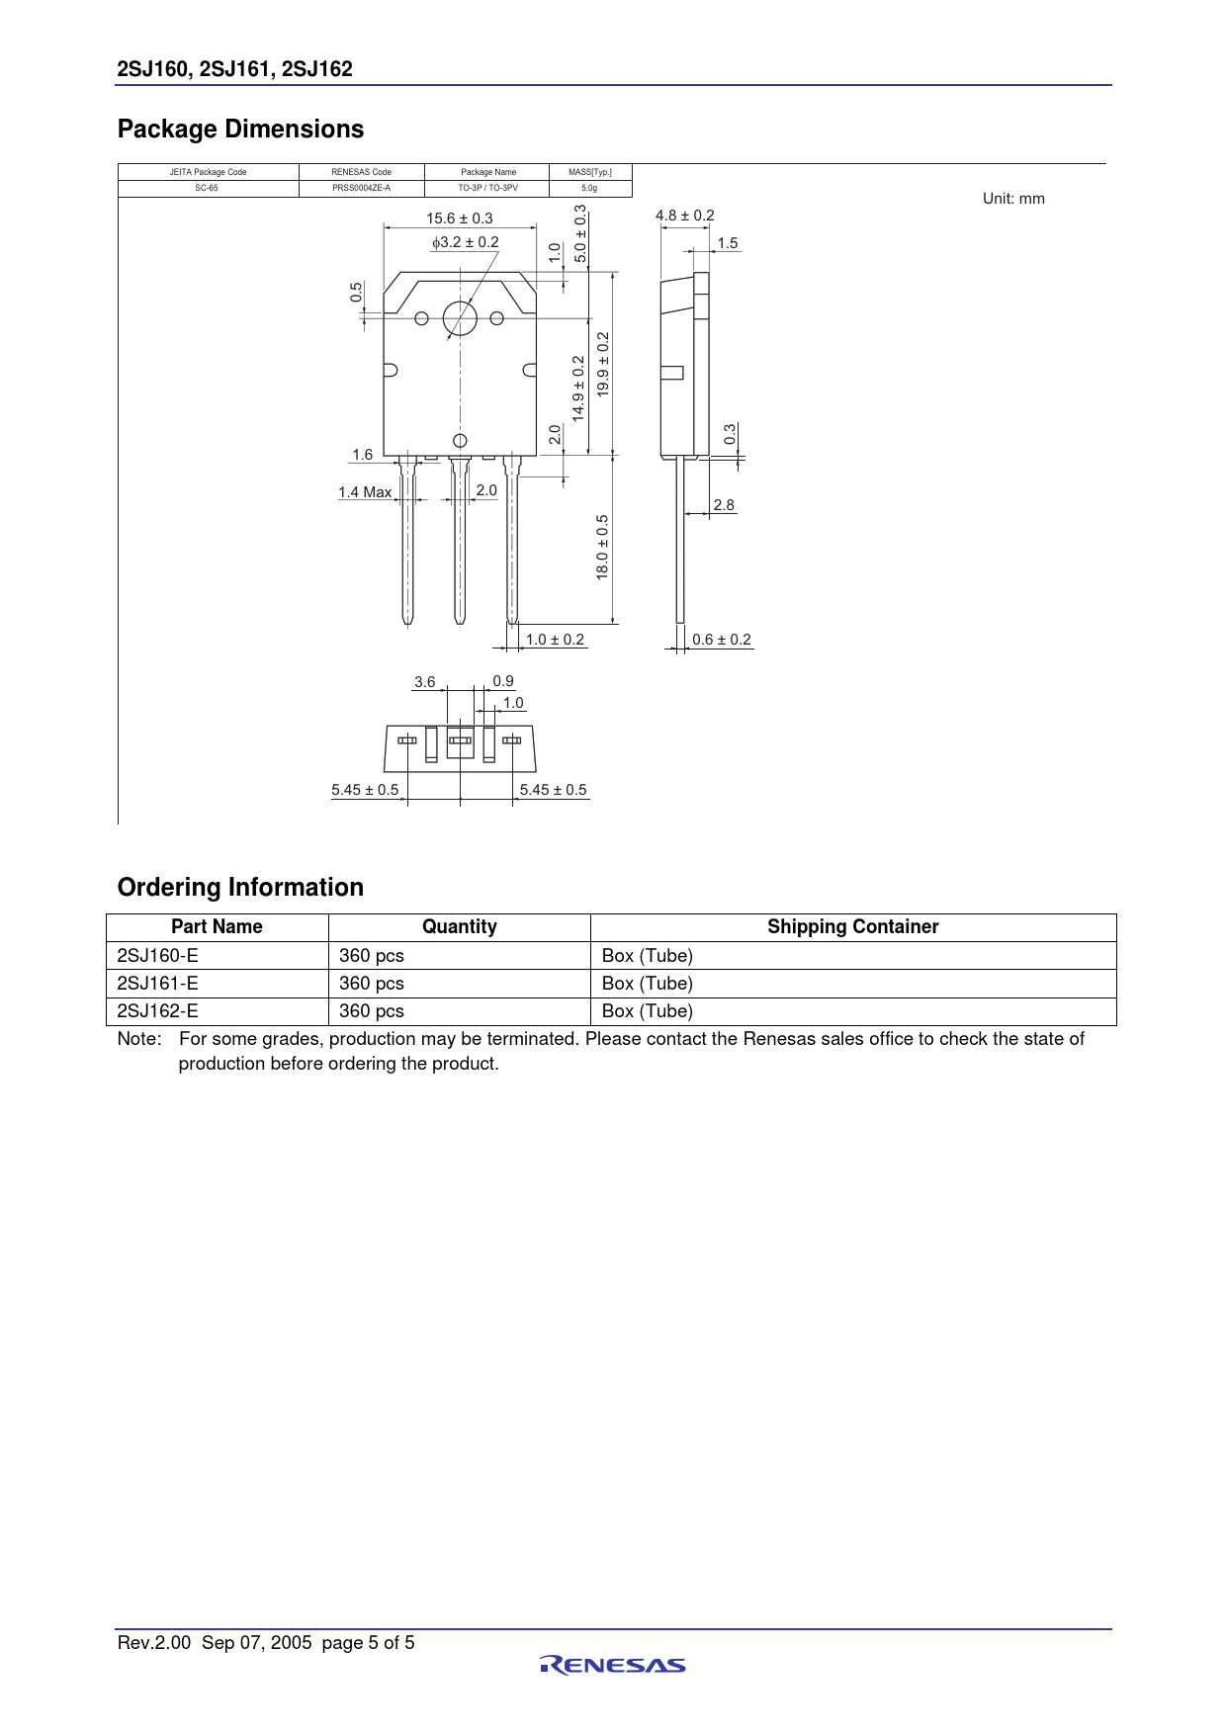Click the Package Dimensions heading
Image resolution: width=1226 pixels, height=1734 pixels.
point(240,130)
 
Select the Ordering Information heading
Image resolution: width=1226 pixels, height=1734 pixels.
point(240,888)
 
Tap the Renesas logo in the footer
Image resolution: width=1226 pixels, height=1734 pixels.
point(613,1666)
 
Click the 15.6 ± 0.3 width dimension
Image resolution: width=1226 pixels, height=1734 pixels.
point(460,218)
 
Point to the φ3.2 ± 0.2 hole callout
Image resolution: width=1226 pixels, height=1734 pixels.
point(465,242)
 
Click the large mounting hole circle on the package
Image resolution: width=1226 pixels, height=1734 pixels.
point(460,318)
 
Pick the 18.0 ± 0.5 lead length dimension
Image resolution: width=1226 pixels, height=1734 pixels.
point(602,547)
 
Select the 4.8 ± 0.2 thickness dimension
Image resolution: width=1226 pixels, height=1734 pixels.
point(684,216)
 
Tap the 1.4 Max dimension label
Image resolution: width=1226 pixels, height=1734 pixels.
point(365,492)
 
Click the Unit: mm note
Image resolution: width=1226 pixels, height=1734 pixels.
point(1013,199)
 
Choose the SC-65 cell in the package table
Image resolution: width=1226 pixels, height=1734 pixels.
point(207,188)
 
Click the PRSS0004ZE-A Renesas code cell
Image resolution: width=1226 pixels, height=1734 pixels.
point(361,188)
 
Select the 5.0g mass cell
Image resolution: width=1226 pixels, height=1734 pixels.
point(589,188)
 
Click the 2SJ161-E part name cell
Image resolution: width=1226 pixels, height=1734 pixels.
point(158,984)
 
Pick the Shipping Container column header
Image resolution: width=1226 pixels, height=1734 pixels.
point(852,927)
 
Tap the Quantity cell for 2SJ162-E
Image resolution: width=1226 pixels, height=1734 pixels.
point(372,1011)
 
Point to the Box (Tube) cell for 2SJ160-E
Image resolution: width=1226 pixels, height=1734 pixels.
point(648,956)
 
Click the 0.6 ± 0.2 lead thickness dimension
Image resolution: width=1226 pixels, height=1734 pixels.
point(722,640)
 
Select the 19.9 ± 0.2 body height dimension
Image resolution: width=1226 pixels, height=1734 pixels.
point(603,365)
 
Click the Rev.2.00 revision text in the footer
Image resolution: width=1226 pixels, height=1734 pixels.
point(154,1643)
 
